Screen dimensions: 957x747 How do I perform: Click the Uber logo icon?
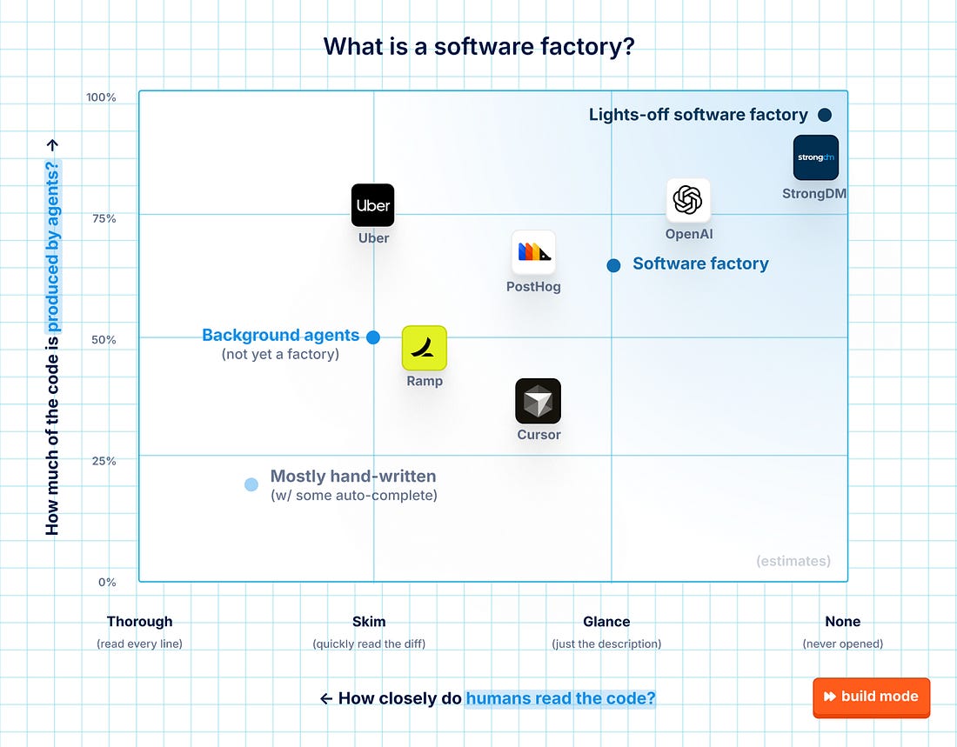pos(373,205)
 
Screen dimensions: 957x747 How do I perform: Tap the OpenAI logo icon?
pos(688,200)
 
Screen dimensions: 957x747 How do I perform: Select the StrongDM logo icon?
pos(815,157)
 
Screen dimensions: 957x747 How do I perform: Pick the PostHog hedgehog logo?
pos(533,252)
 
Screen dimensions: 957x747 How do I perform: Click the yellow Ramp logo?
pos(425,348)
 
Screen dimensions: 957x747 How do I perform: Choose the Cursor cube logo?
pos(538,401)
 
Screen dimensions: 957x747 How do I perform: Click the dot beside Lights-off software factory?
pos(825,115)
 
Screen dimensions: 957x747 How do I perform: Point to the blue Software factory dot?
pos(613,265)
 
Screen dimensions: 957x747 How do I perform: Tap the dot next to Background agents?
pos(373,337)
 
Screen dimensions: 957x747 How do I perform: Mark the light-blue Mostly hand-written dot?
pos(251,484)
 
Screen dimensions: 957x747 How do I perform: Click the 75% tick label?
pos(104,218)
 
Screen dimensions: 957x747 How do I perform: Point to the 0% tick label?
pos(107,583)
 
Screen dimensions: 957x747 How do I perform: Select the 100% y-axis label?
pos(101,97)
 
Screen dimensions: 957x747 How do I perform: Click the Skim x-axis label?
pos(369,621)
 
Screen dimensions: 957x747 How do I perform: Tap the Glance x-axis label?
pos(606,621)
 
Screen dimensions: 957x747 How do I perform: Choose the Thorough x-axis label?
pos(140,621)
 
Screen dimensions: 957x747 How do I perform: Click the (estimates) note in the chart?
pos(793,561)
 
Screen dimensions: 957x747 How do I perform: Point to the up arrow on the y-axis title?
pos(52,145)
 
